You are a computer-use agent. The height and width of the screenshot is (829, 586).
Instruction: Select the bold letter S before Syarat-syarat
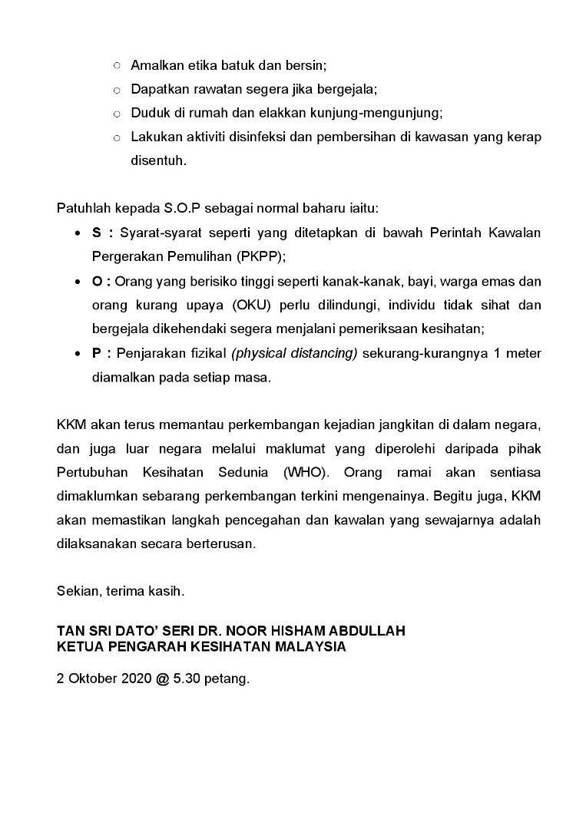coord(97,233)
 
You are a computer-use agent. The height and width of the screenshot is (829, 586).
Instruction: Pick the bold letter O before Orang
coord(98,281)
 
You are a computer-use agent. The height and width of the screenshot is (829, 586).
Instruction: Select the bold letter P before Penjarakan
coord(97,353)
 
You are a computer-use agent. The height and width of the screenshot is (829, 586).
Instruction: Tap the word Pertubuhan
coord(91,472)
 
